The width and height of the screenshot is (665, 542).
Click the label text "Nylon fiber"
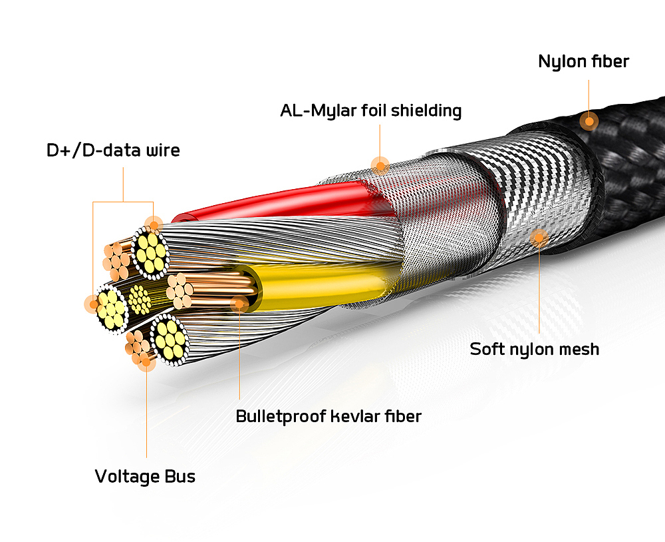pos(583,62)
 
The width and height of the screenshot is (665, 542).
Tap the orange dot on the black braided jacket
pos(588,121)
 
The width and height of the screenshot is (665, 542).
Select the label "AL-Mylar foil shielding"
pos(370,110)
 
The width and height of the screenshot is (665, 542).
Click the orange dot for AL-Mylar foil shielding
pos(380,164)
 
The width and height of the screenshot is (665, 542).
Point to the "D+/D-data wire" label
pos(113,150)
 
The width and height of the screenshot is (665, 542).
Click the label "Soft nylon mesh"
pos(534,348)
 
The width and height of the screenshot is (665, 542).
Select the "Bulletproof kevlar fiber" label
pos(329,417)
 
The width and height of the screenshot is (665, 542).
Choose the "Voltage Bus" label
pos(145,477)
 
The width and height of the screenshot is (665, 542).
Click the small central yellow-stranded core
pos(140,300)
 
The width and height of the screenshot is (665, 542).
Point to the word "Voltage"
pos(127,477)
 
